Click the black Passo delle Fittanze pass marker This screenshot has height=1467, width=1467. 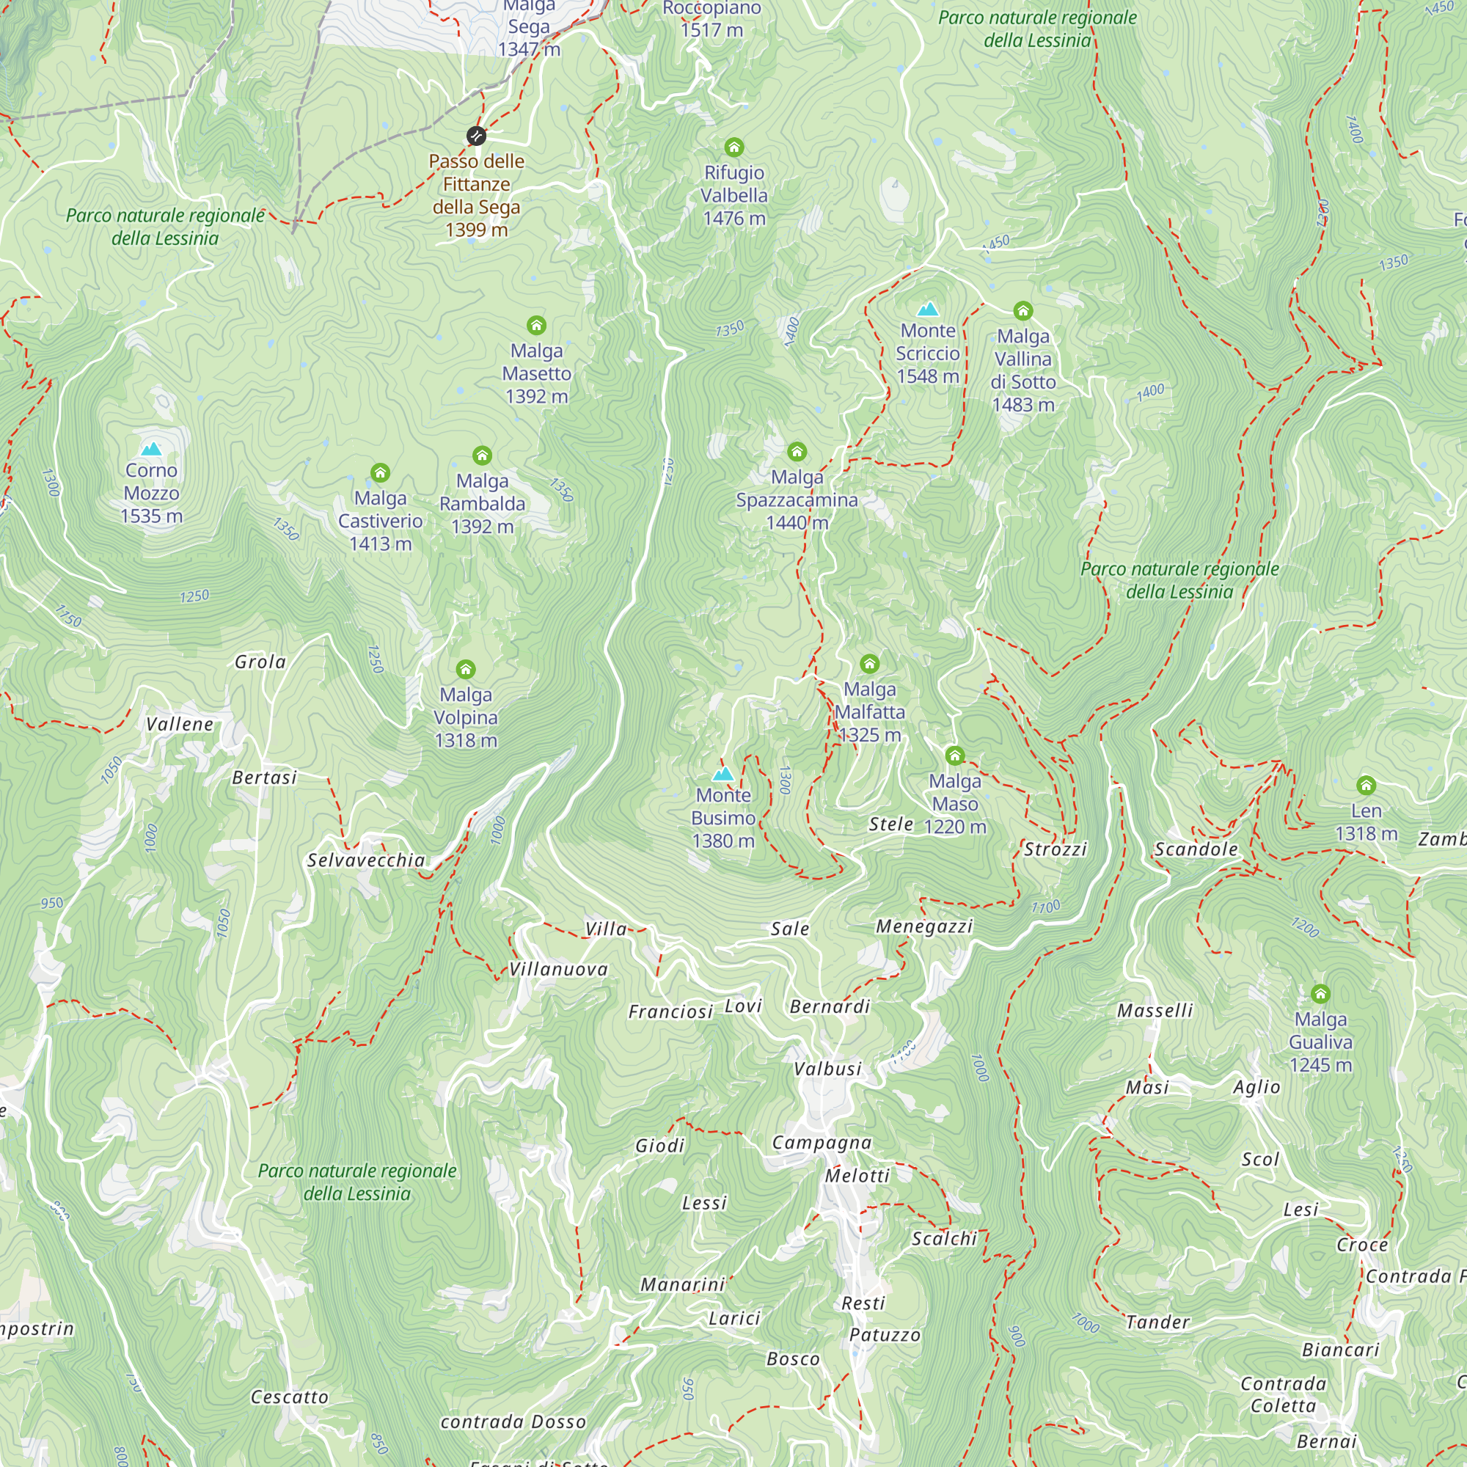coord(476,136)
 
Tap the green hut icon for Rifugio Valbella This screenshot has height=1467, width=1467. coord(733,147)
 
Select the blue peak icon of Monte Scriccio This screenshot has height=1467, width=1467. coord(927,309)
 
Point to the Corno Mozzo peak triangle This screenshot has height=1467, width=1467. coord(151,449)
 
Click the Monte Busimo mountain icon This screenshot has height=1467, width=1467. coord(723,774)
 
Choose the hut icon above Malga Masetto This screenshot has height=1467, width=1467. coord(536,325)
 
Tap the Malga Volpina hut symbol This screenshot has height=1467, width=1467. coord(466,669)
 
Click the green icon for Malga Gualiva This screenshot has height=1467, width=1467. coord(1320,993)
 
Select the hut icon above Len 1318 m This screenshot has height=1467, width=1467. coord(1366,785)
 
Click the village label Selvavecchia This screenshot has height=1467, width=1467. coord(366,860)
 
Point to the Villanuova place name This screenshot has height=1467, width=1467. coord(558,969)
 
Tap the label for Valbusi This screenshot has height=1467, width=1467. coord(827,1069)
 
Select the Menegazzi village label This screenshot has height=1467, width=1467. coord(924,926)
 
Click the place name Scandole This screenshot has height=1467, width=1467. coord(1196,849)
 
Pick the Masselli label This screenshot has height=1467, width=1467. coord(1155,1010)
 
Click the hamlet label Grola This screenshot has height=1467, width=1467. coord(260,662)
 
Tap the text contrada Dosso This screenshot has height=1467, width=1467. coord(513,1422)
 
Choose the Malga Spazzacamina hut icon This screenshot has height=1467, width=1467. coord(797,452)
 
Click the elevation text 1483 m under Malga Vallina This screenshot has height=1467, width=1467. coord(1022,405)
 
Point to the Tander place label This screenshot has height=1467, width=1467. coord(1157,1322)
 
